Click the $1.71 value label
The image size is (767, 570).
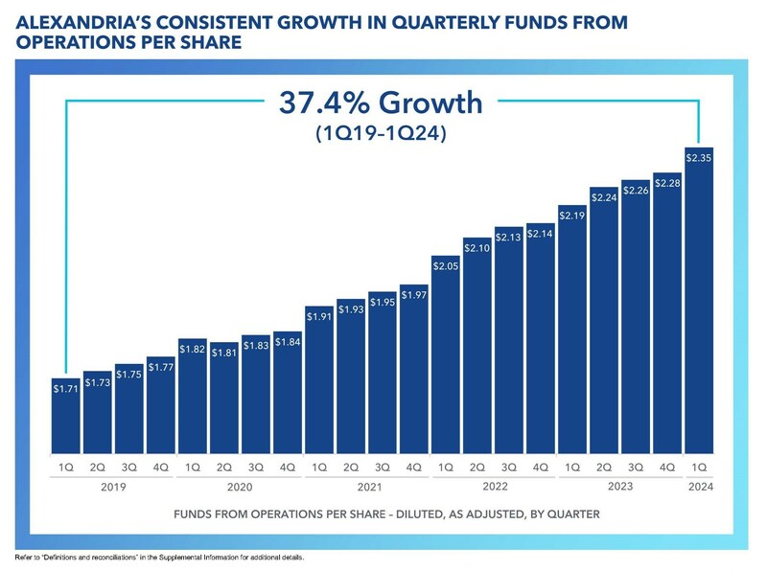[65, 391]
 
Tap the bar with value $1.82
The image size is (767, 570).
[192, 402]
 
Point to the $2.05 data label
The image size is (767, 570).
[445, 265]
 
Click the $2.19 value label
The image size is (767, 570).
[571, 216]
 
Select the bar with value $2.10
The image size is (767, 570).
[476, 354]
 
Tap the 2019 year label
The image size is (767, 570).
[112, 487]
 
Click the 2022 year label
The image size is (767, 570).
[493, 487]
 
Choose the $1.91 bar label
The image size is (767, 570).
[318, 315]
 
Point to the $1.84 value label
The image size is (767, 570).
[287, 341]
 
